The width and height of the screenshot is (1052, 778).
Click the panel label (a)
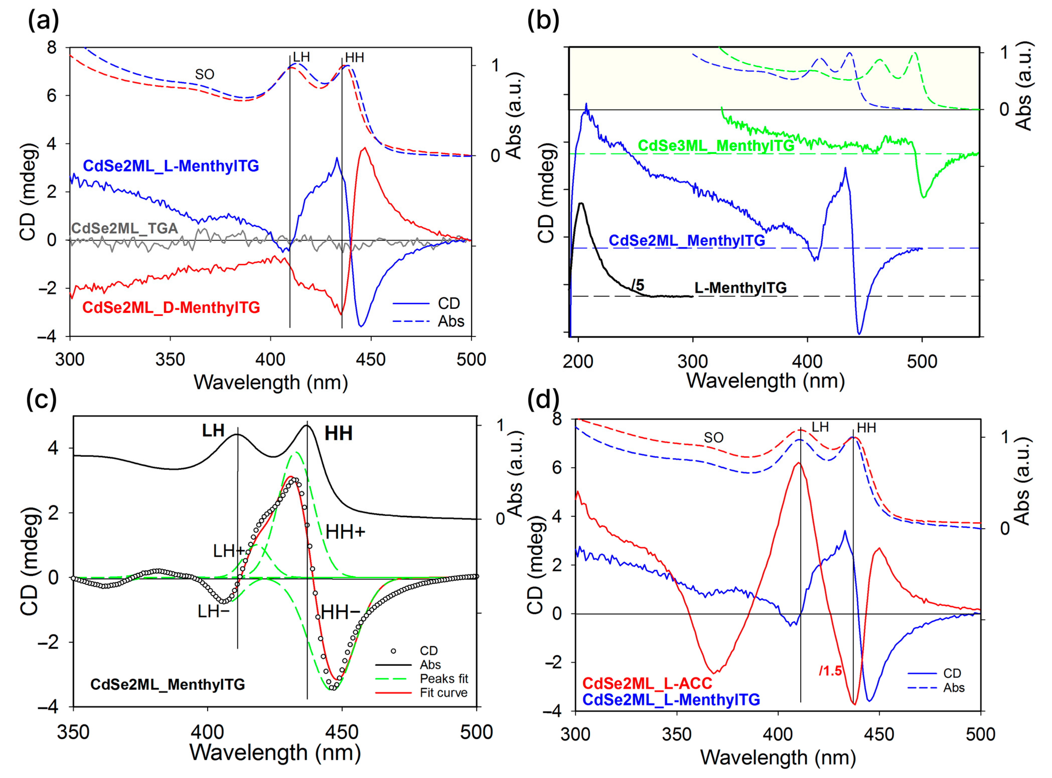(x=43, y=22)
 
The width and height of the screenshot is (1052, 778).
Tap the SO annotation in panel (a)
(x=204, y=74)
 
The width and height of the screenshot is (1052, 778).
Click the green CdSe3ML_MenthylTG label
(x=716, y=145)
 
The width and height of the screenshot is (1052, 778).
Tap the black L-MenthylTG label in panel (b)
(x=740, y=288)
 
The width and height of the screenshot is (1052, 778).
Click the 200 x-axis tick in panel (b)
(x=578, y=362)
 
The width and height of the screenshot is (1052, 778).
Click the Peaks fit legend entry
(x=444, y=679)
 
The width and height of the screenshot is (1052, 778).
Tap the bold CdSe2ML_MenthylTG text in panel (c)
(x=168, y=684)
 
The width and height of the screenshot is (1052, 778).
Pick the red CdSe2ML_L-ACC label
(x=647, y=683)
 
